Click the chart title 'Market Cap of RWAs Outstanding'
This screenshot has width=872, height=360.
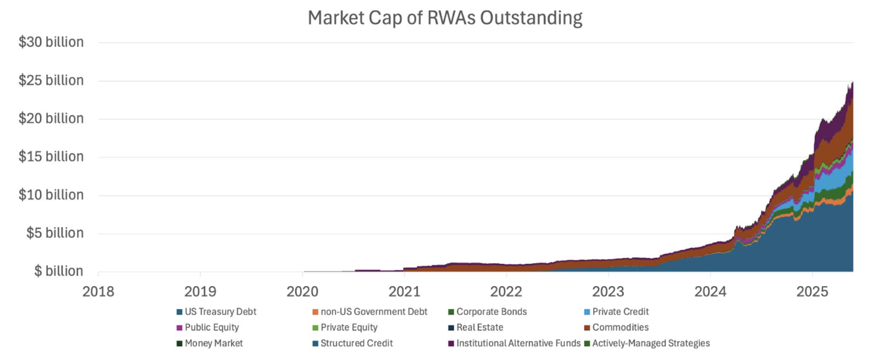tap(445, 18)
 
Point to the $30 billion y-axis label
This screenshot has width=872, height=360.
tap(51, 42)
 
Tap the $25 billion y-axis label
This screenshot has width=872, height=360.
tap(51, 80)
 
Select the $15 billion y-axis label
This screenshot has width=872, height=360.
tap(51, 157)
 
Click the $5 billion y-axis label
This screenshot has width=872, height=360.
tap(55, 233)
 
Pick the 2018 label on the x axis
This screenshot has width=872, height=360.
tap(98, 292)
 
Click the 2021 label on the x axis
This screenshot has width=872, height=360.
tap(404, 292)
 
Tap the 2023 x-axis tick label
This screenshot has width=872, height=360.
tap(608, 292)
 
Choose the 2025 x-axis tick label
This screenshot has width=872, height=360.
tap(812, 292)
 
